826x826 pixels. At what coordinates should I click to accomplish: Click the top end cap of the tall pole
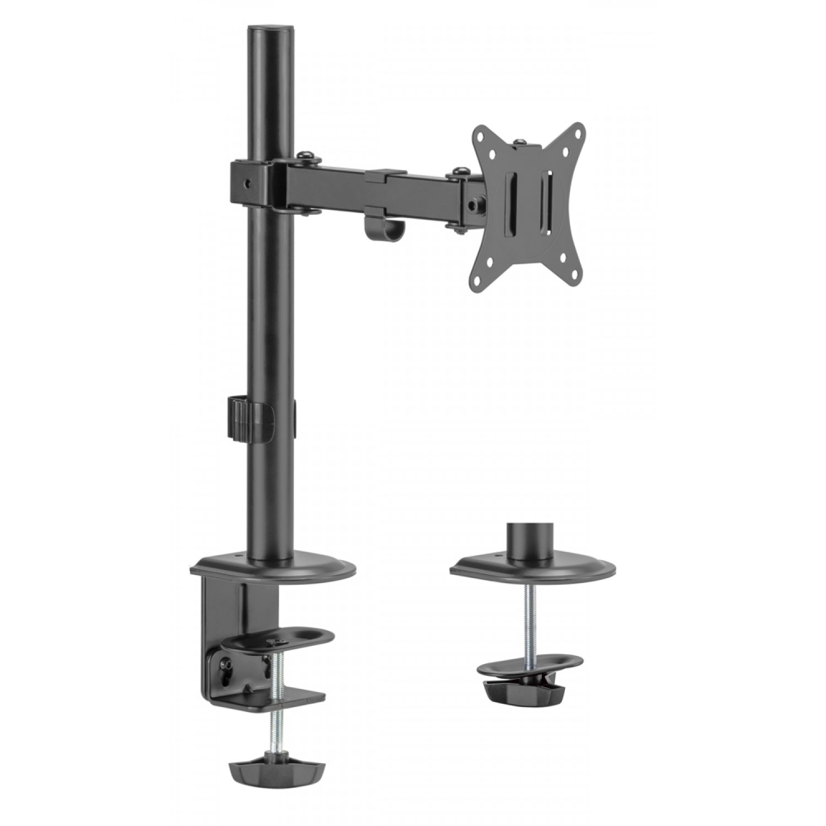pyautogui.click(x=270, y=28)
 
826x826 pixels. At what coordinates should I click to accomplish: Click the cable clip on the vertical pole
pyautogui.click(x=249, y=418)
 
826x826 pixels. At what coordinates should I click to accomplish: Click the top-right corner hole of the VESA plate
pyautogui.click(x=578, y=132)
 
